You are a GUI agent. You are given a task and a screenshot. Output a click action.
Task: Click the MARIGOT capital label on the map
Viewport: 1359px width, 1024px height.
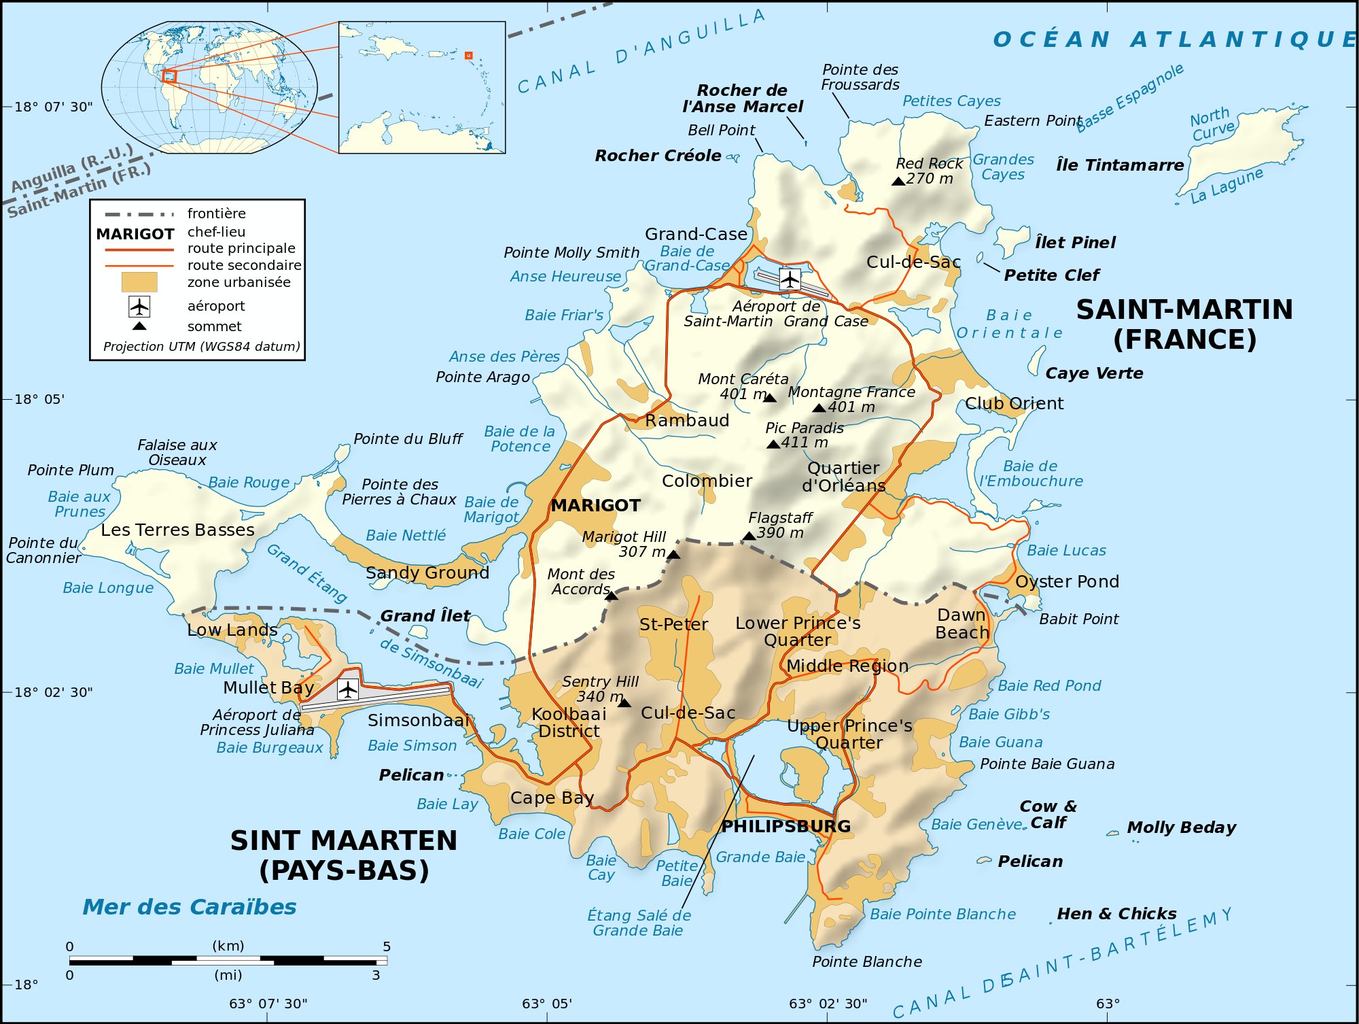coord(595,505)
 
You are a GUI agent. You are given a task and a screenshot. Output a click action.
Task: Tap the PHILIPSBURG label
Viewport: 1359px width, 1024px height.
coord(786,826)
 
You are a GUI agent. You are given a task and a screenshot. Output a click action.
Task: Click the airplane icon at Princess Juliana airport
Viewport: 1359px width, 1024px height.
coord(348,689)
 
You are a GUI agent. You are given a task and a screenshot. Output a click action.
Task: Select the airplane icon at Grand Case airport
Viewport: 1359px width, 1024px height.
coord(790,279)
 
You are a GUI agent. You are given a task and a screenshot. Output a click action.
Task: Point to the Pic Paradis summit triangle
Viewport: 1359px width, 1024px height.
coord(773,444)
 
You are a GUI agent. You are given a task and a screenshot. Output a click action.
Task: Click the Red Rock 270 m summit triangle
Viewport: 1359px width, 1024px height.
coord(898,181)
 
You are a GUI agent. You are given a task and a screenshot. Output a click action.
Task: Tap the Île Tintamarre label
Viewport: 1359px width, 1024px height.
coord(1120,165)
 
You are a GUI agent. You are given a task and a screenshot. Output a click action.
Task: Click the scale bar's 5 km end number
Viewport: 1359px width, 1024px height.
coord(387,946)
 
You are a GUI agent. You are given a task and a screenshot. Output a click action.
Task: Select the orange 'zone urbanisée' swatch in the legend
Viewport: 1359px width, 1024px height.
coord(139,282)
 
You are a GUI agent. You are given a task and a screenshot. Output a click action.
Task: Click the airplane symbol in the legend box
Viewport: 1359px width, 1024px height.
coord(139,307)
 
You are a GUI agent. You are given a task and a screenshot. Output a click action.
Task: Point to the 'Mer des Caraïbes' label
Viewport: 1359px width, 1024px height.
coord(190,907)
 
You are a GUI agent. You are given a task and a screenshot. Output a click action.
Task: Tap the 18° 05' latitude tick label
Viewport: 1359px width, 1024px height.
coord(39,399)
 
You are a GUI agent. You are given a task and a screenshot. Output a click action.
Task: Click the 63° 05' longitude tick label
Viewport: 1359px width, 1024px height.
coord(547,1004)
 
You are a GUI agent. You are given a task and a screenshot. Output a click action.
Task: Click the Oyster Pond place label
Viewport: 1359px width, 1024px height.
coord(1067,581)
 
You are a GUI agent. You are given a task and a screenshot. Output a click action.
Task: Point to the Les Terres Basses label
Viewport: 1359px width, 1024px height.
coord(177,530)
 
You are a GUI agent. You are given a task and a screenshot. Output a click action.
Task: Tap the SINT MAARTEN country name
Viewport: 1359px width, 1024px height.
coord(344,841)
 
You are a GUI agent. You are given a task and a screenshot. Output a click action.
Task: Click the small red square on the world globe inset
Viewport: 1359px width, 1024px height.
coord(169,76)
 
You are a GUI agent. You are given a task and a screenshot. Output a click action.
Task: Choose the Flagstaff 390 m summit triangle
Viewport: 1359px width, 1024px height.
coord(749,536)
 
